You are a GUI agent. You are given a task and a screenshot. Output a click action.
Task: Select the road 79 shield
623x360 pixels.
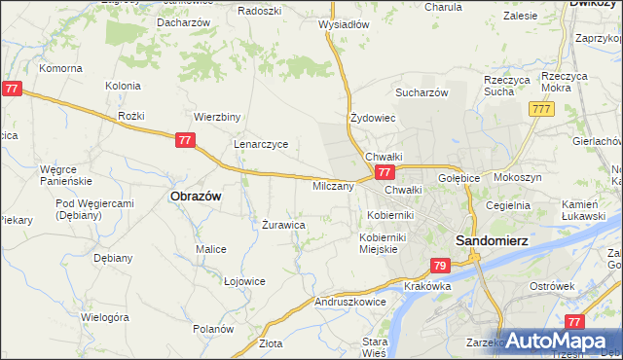coord(439,266)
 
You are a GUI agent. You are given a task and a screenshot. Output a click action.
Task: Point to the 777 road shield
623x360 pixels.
coord(542,109)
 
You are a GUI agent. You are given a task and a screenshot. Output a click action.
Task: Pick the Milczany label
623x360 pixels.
coord(333,186)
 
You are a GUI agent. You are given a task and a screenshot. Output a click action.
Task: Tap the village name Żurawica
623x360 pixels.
coord(284,225)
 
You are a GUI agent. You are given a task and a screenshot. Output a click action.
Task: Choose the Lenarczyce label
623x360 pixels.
coord(260,144)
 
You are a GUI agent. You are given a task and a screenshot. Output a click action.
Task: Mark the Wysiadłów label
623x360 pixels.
coord(345,25)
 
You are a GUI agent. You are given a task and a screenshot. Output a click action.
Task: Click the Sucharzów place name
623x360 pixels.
coord(421,92)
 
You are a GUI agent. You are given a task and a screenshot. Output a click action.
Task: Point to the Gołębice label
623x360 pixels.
coord(458,179)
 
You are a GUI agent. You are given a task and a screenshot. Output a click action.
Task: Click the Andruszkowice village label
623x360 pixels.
coord(350,302)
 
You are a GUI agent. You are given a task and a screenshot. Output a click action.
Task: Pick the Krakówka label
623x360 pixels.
coord(426,286)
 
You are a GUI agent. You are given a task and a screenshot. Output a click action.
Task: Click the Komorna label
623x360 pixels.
coord(60,69)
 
